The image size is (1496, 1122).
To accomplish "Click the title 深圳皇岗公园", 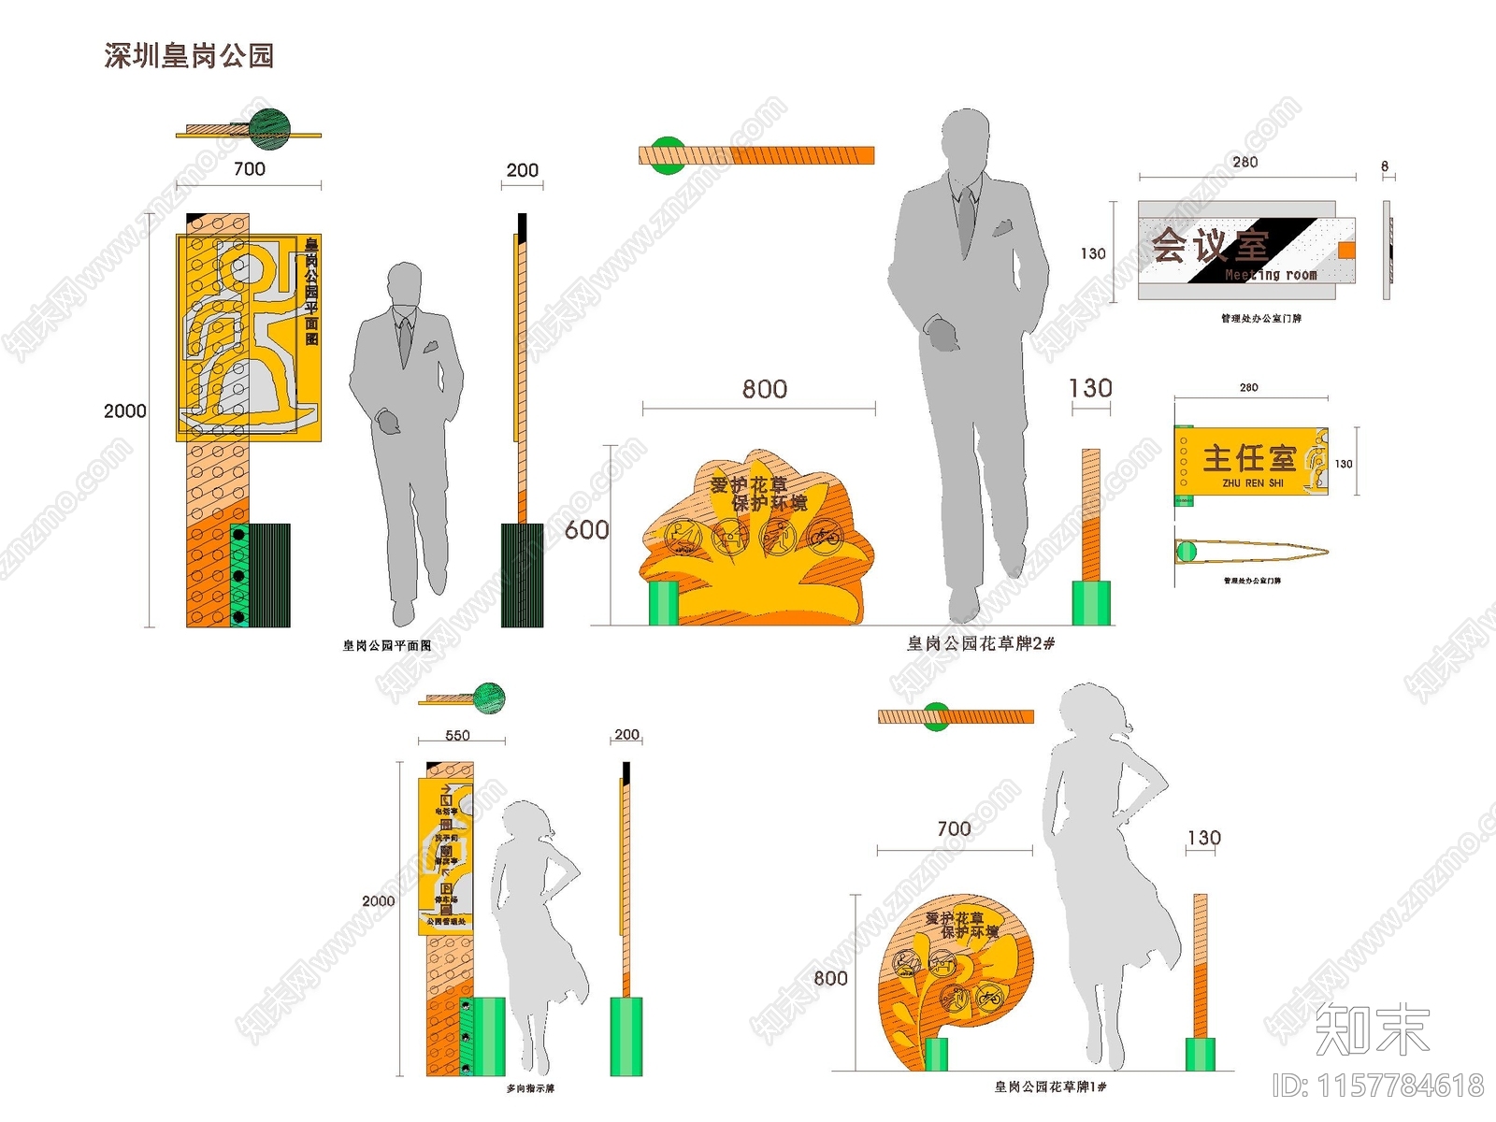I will click(x=189, y=56).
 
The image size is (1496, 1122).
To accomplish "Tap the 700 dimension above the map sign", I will click(x=250, y=169).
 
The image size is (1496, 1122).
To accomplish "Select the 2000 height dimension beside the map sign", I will click(x=125, y=411).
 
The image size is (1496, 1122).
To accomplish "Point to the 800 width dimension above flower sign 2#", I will click(x=765, y=389).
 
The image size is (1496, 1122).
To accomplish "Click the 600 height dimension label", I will click(x=587, y=530).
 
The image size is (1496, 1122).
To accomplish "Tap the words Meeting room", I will click(x=1271, y=275).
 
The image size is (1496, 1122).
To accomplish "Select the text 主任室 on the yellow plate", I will click(x=1249, y=458).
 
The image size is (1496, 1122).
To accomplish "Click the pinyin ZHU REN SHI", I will click(x=1253, y=483).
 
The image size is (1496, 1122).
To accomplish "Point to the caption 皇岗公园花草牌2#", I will click(x=981, y=643).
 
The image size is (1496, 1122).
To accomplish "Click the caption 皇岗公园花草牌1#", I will click(x=1050, y=1086).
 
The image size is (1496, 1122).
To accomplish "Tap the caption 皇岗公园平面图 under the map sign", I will click(x=387, y=645).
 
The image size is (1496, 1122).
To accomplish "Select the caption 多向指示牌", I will click(x=530, y=1088).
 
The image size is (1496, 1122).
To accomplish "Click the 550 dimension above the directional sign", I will click(x=457, y=736).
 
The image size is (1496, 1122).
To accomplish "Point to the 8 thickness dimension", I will click(x=1385, y=166).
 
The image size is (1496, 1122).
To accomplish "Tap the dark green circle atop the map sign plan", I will click(x=269, y=129).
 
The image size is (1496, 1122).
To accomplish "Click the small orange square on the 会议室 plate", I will click(x=1346, y=250).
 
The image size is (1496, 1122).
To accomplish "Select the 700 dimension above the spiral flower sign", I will click(x=954, y=829).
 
